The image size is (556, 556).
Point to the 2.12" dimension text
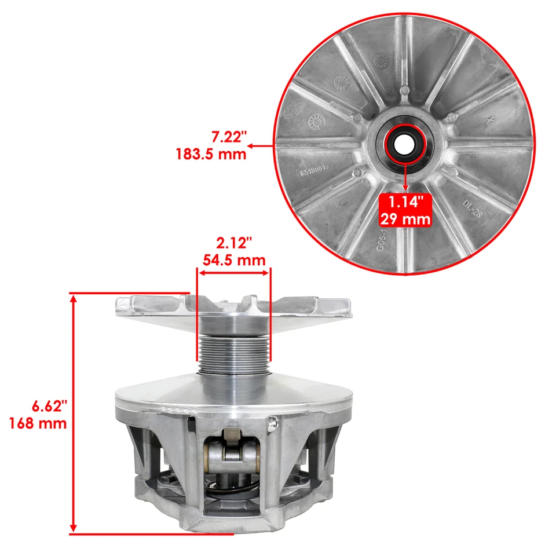[234, 243]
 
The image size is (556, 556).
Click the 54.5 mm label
[234, 259]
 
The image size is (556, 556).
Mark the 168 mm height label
[38, 423]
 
